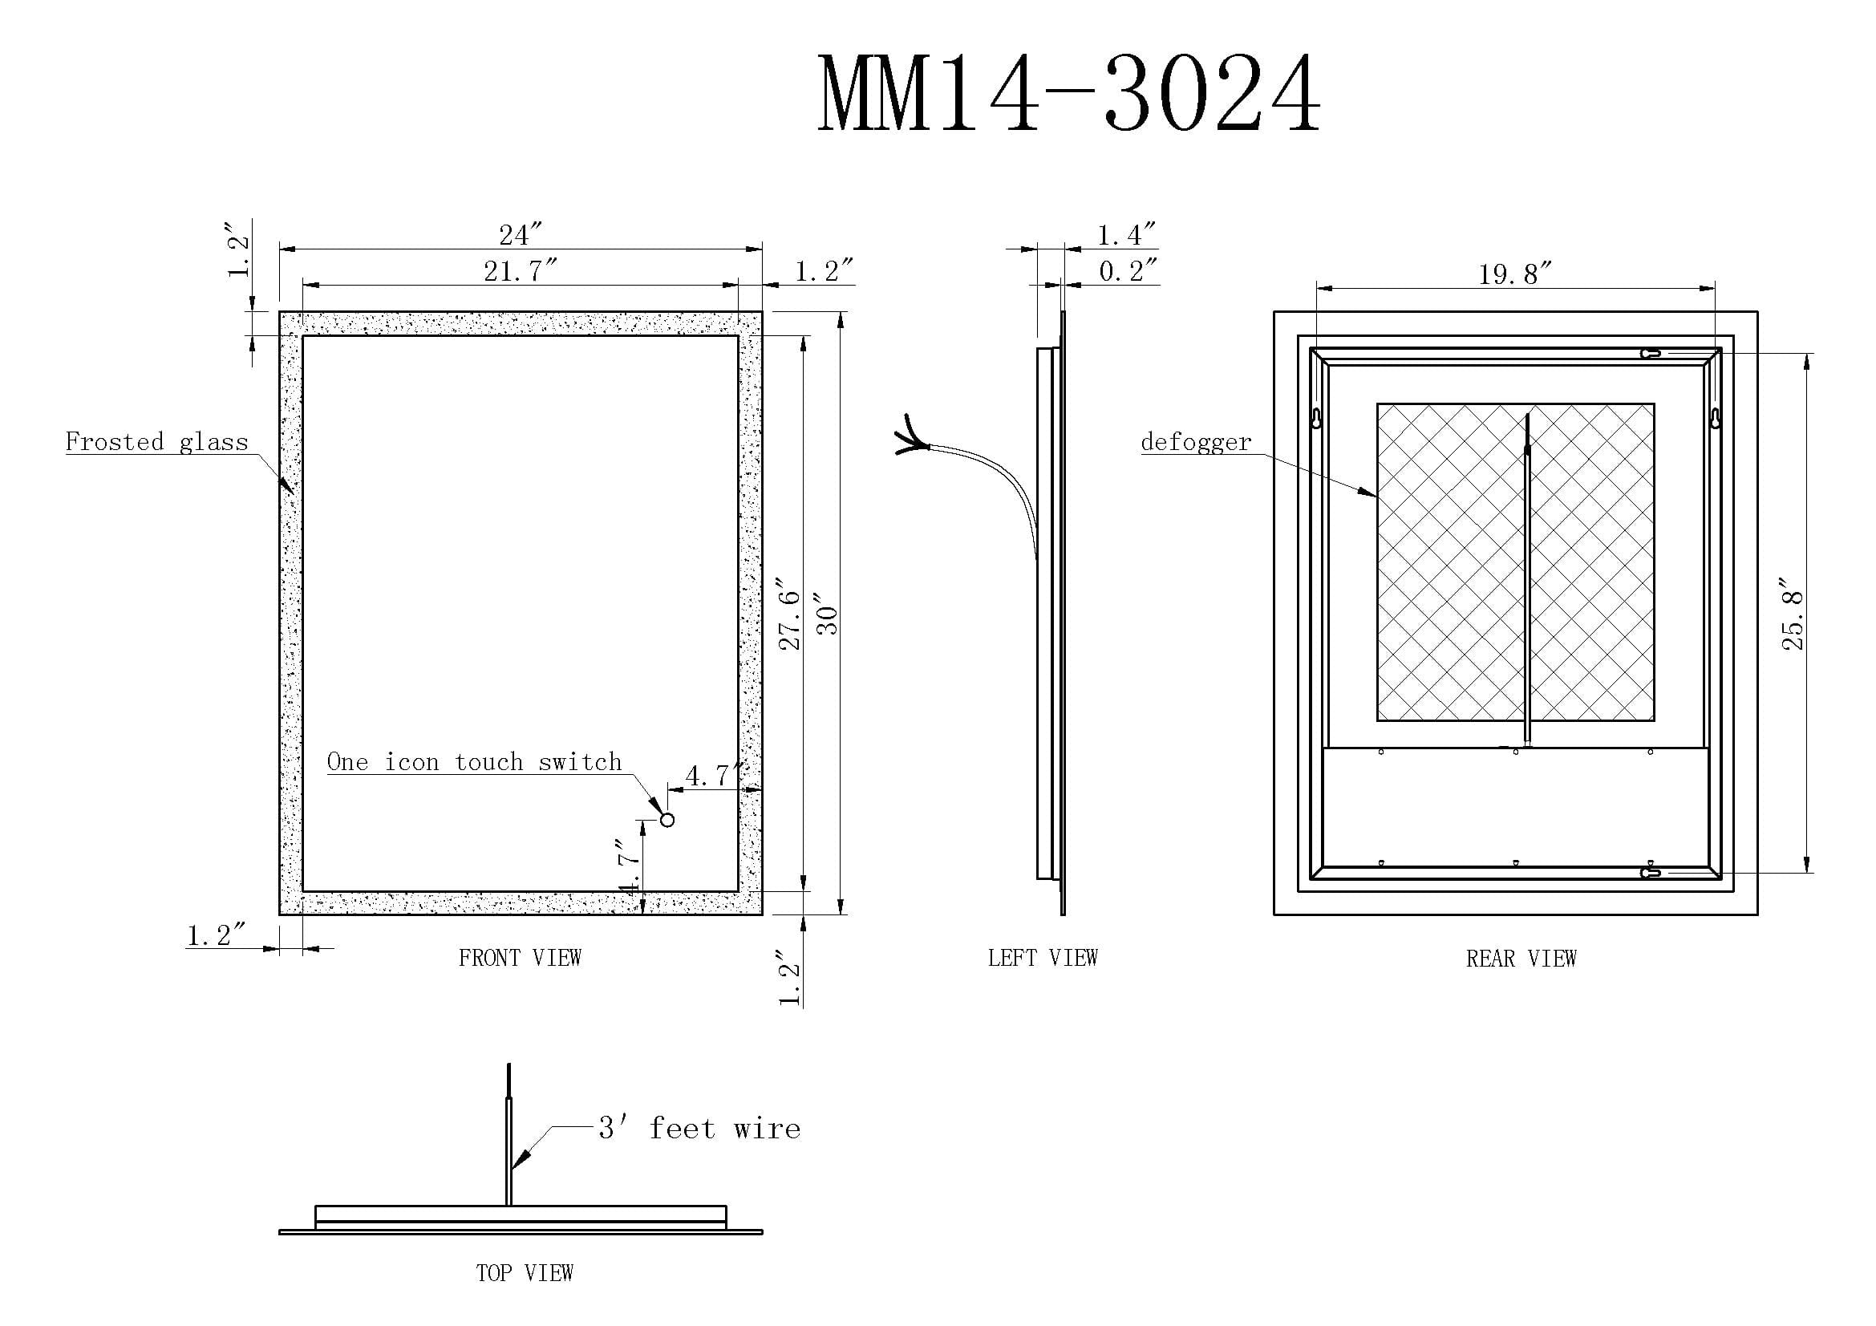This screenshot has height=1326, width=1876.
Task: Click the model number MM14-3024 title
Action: coord(1068,94)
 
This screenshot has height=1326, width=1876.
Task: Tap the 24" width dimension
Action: coord(521,235)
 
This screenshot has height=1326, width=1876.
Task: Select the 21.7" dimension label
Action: coord(521,270)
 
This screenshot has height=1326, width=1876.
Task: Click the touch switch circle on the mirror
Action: coord(667,820)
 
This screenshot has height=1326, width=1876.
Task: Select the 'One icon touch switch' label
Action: coord(475,761)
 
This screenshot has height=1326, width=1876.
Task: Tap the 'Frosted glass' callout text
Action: coord(157,442)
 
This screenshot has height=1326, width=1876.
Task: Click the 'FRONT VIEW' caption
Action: coord(521,958)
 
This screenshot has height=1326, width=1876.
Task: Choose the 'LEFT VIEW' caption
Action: coord(1043,958)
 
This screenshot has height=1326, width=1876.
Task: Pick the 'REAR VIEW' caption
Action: coord(1521,959)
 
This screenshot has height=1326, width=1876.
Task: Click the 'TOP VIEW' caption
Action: coord(525,1272)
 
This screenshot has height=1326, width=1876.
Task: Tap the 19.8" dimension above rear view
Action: coord(1515,274)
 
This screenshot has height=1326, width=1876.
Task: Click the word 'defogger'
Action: coord(1196,442)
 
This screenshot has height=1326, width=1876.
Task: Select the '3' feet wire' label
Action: coord(699,1129)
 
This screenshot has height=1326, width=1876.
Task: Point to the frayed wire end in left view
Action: coord(911,438)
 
